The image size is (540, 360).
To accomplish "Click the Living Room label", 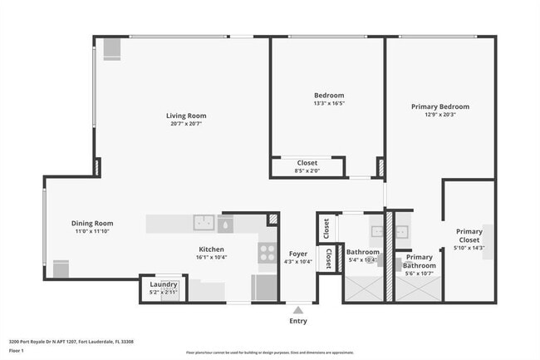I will [185, 116].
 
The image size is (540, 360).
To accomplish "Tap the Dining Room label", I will [91, 223].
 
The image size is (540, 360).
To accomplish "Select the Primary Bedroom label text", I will [440, 106].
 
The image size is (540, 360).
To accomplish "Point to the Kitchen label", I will [213, 249].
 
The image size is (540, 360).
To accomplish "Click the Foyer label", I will [297, 254].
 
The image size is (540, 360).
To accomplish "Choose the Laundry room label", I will [164, 284].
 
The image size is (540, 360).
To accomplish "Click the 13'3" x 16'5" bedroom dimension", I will [328, 104].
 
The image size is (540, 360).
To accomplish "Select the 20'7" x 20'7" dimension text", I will [185, 124].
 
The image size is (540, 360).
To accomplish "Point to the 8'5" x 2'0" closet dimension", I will [307, 170].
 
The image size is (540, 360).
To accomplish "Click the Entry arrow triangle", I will [297, 309].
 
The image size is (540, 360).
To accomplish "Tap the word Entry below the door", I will [297, 320].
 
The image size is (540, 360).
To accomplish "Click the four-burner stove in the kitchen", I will [268, 252].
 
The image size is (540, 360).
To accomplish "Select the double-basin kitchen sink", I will [204, 223].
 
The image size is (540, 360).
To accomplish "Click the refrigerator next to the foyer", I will [265, 287].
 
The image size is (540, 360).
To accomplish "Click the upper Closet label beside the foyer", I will [326, 226].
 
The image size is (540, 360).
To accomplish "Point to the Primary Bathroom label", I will [419, 262].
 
